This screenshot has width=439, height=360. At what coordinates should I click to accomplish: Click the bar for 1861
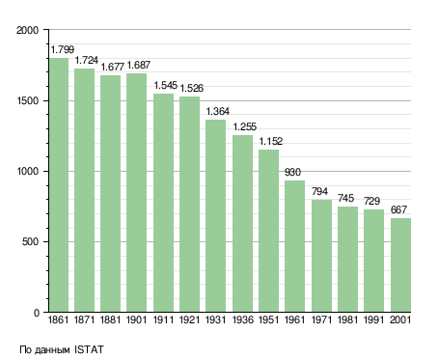pos(59,185)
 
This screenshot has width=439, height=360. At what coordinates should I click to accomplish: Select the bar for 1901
pos(136,193)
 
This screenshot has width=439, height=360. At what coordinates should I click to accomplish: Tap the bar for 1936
pos(242,224)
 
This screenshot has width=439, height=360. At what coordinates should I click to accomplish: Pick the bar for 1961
pos(294,246)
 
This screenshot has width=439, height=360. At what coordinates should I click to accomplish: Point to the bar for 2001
pos(400,265)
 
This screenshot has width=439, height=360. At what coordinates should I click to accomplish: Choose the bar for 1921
pos(189,205)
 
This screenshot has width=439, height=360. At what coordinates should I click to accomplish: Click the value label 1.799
pos(63,49)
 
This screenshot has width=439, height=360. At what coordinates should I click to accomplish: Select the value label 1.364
pos(218,111)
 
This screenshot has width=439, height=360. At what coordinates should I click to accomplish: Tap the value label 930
pos(292,173)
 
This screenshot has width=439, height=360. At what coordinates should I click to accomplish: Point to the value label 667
pos(398,209)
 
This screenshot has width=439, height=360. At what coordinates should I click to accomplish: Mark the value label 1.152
pos(271,141)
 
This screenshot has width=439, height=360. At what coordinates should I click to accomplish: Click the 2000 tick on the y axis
pos(28,30)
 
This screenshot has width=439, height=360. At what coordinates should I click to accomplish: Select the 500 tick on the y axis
pos(30,241)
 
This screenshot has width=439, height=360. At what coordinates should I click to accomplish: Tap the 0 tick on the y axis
pos(37,313)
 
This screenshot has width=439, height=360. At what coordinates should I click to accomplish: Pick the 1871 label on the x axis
pos(84,320)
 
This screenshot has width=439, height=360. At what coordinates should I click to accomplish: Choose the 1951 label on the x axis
pos(268,320)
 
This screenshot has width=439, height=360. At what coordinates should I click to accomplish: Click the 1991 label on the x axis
pos(373,320)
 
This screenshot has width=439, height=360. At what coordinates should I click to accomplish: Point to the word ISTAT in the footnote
pos(89,349)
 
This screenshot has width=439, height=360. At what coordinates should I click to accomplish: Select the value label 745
pos(345,198)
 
